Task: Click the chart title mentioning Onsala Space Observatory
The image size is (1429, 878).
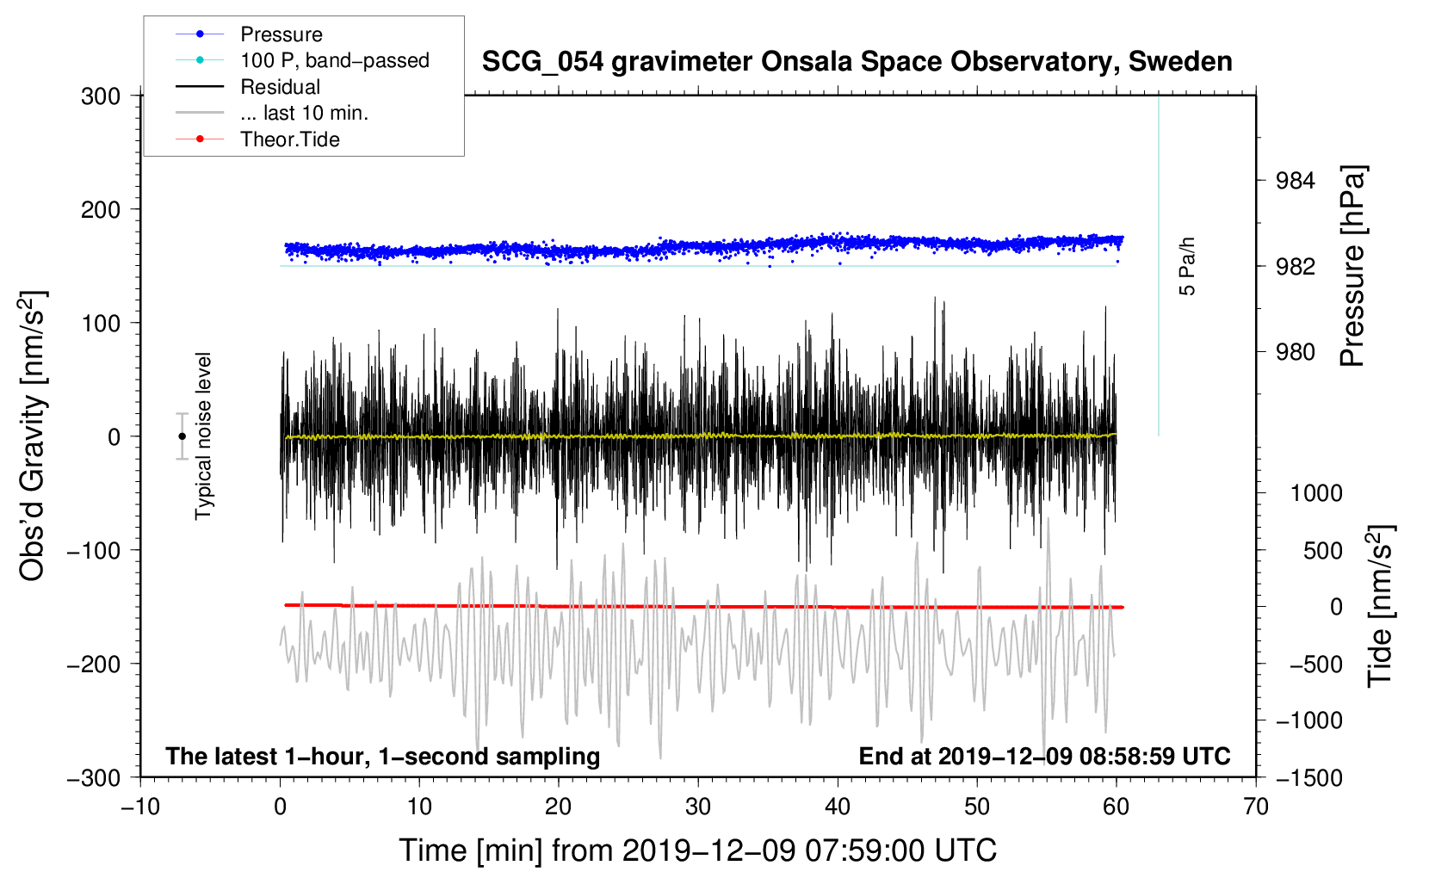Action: [x=857, y=62]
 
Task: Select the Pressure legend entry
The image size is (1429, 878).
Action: [x=281, y=34]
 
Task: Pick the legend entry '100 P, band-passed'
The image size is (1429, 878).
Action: [x=334, y=60]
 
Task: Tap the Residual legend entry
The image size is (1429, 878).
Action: [x=280, y=87]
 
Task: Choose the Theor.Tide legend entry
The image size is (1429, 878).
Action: [x=289, y=139]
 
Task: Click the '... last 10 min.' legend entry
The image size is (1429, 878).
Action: [x=304, y=113]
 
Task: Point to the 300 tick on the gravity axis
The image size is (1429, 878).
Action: [x=101, y=96]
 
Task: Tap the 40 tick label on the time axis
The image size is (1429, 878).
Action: [x=838, y=807]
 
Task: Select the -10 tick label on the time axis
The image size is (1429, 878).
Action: [x=140, y=807]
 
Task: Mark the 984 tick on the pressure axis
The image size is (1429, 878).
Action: [x=1296, y=181]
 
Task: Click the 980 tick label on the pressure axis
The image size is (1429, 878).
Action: [x=1296, y=352]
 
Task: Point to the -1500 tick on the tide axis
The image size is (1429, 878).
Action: [x=1309, y=777]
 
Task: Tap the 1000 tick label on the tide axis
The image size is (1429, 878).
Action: [x=1316, y=493]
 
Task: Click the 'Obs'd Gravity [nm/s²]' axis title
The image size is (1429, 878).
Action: [x=33, y=436]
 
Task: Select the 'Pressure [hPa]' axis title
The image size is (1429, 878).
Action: [x=1352, y=267]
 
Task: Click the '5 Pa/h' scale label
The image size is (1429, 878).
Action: [x=1187, y=267]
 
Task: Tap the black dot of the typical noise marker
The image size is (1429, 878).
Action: [x=182, y=436]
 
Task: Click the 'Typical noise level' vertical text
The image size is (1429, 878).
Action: [x=203, y=436]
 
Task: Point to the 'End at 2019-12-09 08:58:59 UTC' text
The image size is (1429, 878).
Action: [x=1044, y=756]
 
